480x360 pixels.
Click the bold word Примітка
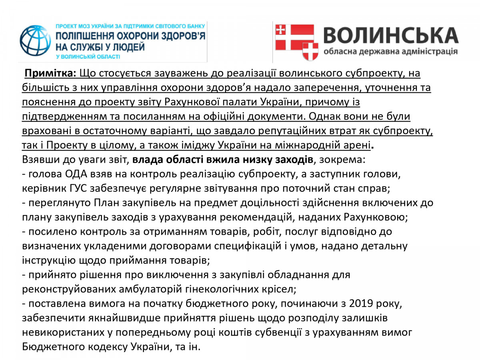[51, 74]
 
